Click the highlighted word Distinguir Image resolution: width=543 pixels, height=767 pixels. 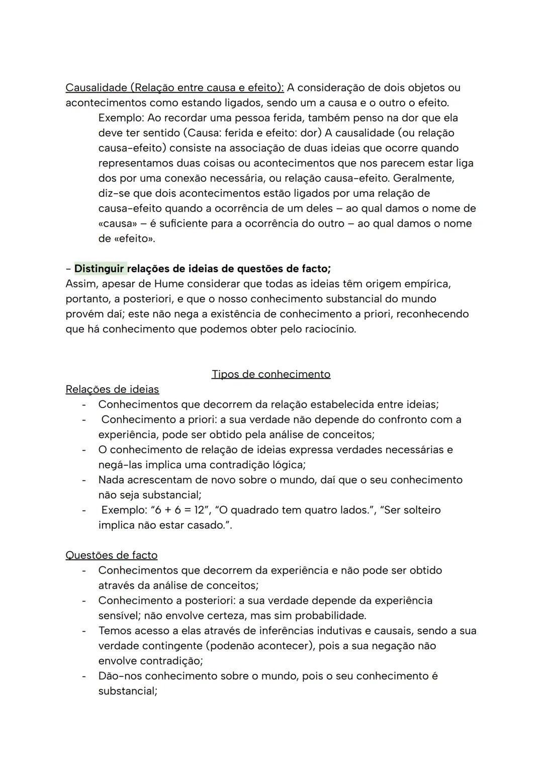click(x=100, y=269)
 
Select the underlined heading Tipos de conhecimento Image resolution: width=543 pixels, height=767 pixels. click(x=271, y=374)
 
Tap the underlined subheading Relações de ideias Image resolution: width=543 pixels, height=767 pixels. click(x=112, y=389)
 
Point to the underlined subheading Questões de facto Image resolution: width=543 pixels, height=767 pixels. click(x=111, y=555)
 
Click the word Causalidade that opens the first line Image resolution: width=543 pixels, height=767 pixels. click(x=96, y=88)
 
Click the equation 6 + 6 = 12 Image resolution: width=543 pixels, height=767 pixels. click(x=178, y=510)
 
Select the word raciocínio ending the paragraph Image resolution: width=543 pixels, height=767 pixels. click(x=330, y=329)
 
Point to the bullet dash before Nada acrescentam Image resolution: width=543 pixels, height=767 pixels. click(x=84, y=480)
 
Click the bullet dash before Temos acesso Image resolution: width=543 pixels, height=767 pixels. click(x=84, y=631)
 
